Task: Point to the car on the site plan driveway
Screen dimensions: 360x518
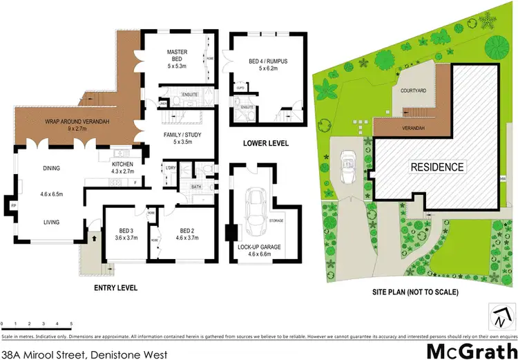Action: pos(347,169)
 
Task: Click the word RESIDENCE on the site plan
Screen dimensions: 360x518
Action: pos(438,167)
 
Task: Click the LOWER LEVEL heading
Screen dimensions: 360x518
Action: pos(265,144)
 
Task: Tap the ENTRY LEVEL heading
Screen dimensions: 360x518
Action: pos(115,287)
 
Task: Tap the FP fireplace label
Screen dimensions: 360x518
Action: pos(13,206)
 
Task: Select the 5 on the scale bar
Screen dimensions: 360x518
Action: pos(70,323)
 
